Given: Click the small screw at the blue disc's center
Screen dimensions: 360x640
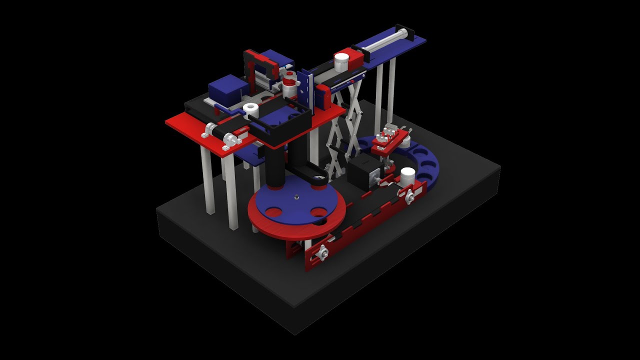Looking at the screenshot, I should pyautogui.click(x=295, y=196).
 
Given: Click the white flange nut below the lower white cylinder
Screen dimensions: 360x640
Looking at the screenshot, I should pyautogui.click(x=409, y=197).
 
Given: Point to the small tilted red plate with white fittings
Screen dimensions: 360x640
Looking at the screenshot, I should pyautogui.click(x=388, y=140).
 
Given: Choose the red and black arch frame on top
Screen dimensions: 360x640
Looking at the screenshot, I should pyautogui.click(x=261, y=65).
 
